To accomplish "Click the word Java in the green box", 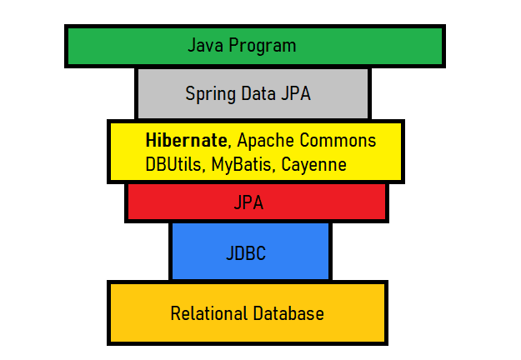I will point(204,45).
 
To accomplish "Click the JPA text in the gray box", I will point(297,92).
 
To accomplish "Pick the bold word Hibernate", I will point(185,140).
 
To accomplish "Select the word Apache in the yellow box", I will point(265,141).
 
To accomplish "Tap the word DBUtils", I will point(173,164).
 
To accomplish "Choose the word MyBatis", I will point(243,165).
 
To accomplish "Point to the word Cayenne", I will point(313,165).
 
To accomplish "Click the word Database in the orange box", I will point(288,313).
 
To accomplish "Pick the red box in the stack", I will point(167,202).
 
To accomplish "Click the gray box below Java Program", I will point(158,93).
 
